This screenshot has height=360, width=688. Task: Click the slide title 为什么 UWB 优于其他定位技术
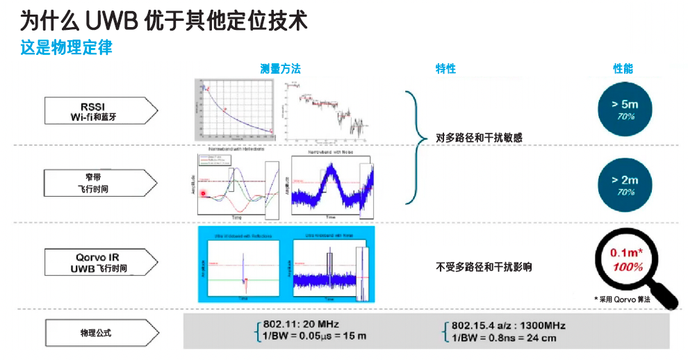pyautogui.click(x=163, y=21)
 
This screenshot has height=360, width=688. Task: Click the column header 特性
pyautogui.click(x=445, y=69)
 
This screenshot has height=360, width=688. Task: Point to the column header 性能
pyautogui.click(x=623, y=69)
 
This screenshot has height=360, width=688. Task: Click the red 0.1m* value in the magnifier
pyautogui.click(x=623, y=253)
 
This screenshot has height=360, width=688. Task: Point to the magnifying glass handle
pyautogui.click(x=665, y=295)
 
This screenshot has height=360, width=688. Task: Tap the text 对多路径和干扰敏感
pyautogui.click(x=479, y=138)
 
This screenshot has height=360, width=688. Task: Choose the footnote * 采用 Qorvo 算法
pyautogui.click(x=622, y=298)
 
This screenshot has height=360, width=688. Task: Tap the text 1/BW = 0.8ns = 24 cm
pyautogui.click(x=505, y=338)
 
